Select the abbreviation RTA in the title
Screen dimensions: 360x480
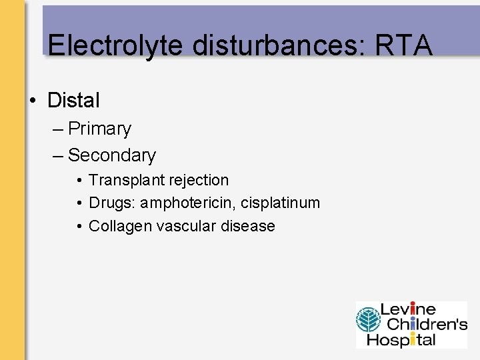pyautogui.click(x=405, y=45)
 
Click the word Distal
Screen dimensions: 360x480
pyautogui.click(x=73, y=101)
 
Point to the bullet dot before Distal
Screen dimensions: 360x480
pyautogui.click(x=32, y=101)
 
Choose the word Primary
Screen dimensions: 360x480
pyautogui.click(x=99, y=128)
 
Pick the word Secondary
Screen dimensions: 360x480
pyautogui.click(x=111, y=155)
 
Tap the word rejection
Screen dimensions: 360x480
pyautogui.click(x=198, y=180)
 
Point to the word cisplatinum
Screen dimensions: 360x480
pyautogui.click(x=281, y=203)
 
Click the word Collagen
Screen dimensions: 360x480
pyautogui.click(x=121, y=226)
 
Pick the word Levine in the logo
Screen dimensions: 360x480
pyautogui.click(x=407, y=309)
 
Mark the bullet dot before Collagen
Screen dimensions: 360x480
pyautogui.click(x=79, y=227)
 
